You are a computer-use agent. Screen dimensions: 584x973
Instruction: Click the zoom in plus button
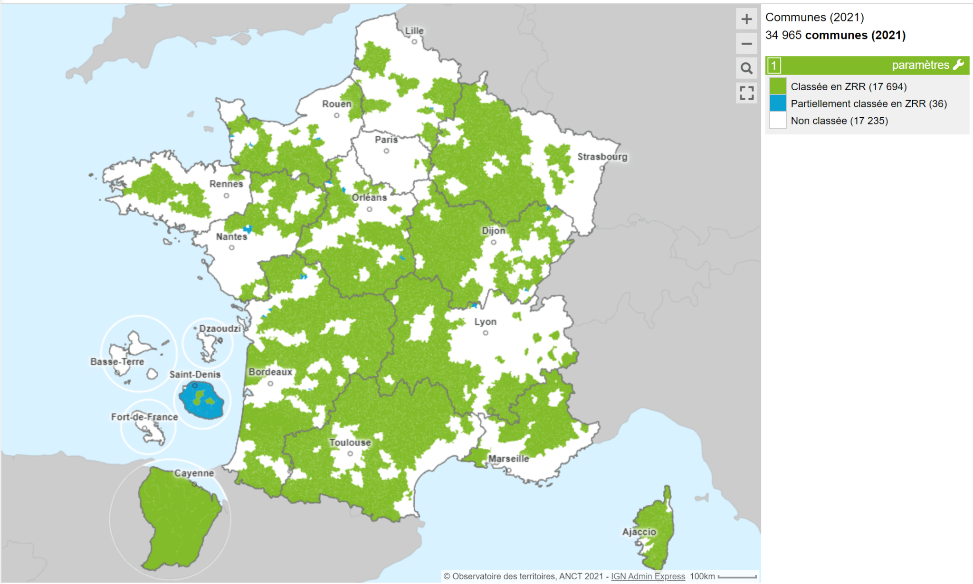[x=746, y=19]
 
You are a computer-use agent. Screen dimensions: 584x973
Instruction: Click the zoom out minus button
[x=746, y=44]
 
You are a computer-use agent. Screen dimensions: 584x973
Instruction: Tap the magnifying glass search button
[x=746, y=68]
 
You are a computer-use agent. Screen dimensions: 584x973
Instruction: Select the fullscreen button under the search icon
[x=746, y=93]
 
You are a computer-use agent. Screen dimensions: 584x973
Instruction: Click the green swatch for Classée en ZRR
[x=778, y=86]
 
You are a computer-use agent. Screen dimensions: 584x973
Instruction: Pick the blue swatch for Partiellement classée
[x=778, y=104]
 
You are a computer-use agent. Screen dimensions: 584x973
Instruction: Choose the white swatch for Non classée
[x=778, y=121]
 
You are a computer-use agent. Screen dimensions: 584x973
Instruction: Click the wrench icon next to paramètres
[x=959, y=65]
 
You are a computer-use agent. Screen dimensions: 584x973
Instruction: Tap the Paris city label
[x=386, y=140]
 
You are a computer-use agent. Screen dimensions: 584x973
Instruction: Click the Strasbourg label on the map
[x=602, y=157]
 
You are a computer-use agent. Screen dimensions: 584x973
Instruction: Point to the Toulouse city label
[x=350, y=443]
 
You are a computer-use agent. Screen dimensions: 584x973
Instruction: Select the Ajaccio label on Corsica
[x=639, y=532]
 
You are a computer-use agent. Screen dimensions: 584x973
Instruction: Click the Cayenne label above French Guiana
[x=194, y=473]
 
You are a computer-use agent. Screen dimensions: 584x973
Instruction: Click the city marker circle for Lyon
[x=486, y=333]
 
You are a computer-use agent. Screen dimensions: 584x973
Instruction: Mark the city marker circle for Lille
[x=414, y=42]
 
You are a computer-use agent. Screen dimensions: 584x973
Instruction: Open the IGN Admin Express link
[x=648, y=576]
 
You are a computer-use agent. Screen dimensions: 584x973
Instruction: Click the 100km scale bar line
[x=737, y=577]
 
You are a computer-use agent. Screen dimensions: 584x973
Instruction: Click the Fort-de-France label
[x=144, y=417]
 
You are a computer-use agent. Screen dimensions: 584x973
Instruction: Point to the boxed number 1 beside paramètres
[x=774, y=66]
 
